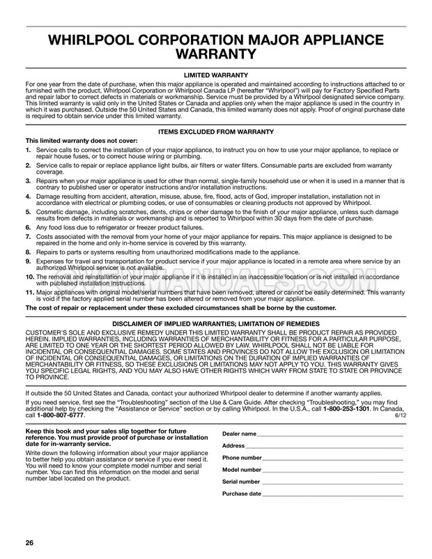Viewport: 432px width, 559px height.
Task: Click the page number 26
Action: pos(30,542)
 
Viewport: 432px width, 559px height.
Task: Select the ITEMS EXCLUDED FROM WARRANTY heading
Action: pos(216,131)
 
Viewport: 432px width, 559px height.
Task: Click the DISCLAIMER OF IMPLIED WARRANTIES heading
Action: pos(216,324)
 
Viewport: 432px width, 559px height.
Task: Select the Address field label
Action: pos(233,445)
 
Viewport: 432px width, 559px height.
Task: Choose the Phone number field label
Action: pos(242,458)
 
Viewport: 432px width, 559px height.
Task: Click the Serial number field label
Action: pos(241,482)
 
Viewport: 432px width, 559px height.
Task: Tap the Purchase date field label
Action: pos(242,493)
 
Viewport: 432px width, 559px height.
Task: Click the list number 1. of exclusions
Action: pos(28,148)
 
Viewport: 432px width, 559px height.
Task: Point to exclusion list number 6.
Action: pos(28,227)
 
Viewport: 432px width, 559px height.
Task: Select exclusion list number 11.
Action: pos(29,293)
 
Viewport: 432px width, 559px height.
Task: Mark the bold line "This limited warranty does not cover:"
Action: pos(82,140)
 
